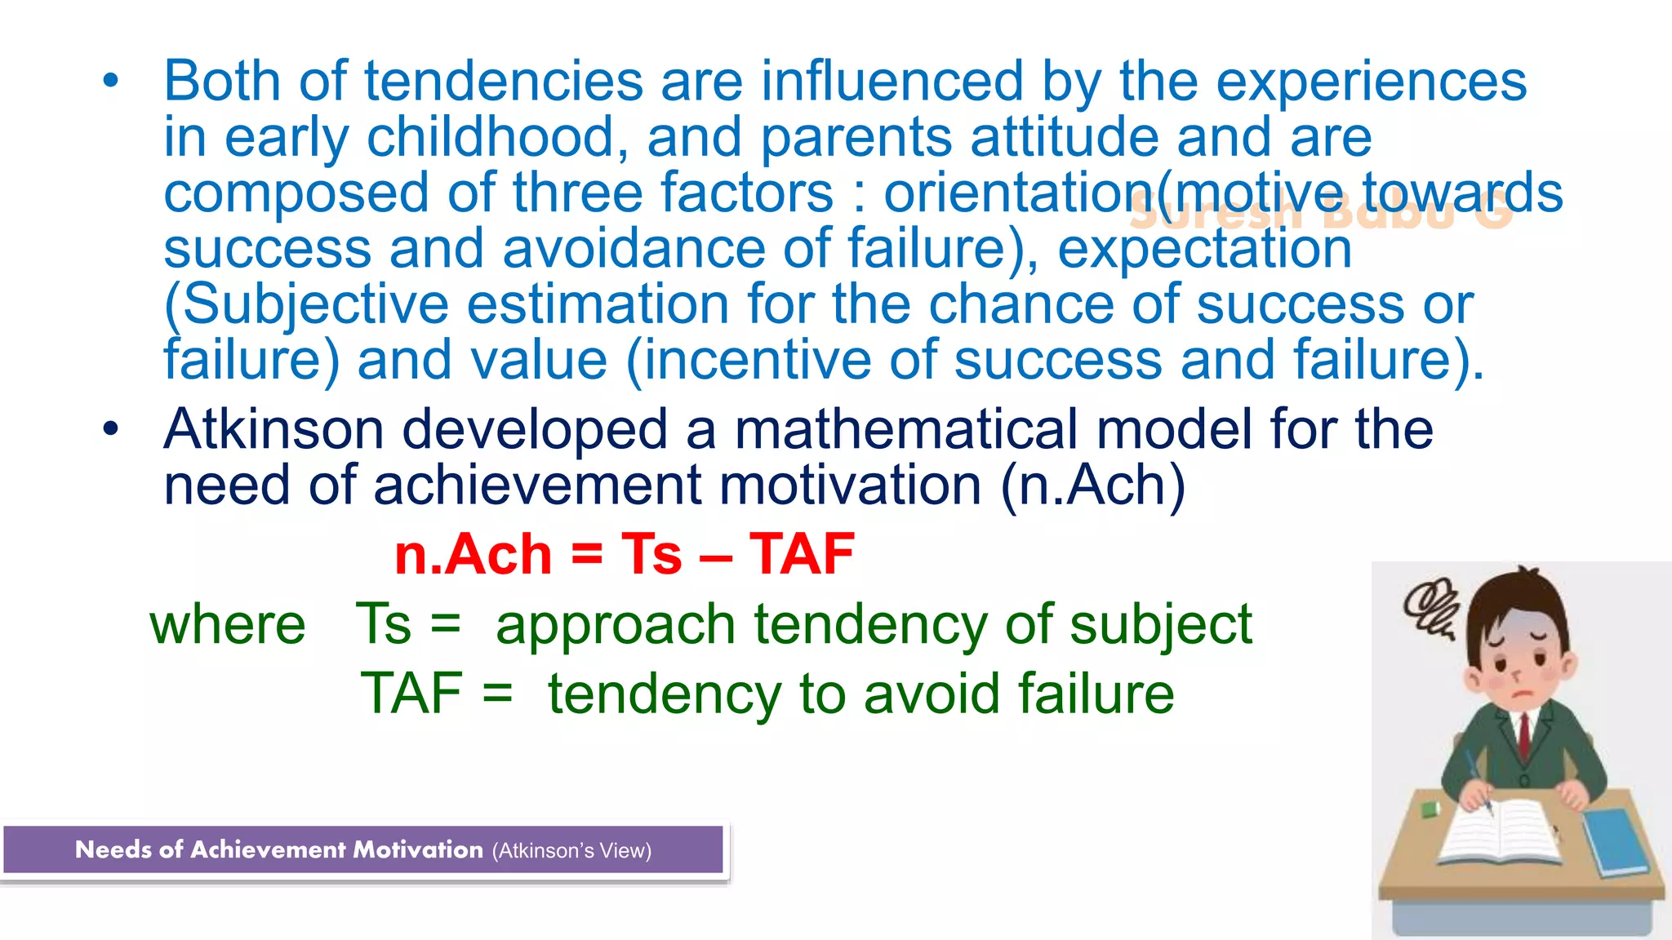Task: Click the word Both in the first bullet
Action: point(222,82)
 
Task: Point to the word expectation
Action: point(1204,249)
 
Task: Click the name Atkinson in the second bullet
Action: point(273,430)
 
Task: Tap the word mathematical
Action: point(906,430)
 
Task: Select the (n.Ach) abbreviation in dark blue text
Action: point(1092,486)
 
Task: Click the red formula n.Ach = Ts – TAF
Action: point(625,555)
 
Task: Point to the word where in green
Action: point(228,625)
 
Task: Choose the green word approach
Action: point(616,625)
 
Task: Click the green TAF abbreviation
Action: point(411,694)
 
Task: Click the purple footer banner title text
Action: point(278,850)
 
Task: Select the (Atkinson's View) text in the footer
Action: point(571,851)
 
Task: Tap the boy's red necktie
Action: point(1524,735)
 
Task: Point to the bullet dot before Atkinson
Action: point(111,429)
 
